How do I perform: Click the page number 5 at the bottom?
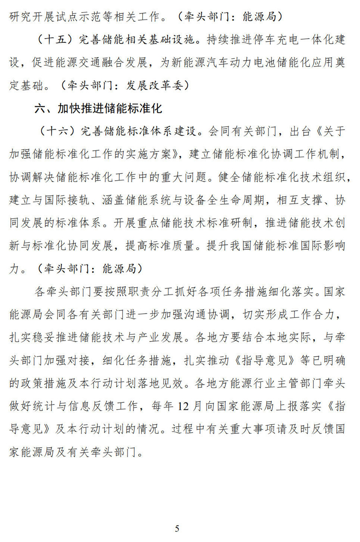[x=177, y=529]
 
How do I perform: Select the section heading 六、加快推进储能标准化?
[x=98, y=108]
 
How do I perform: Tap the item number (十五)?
[x=55, y=40]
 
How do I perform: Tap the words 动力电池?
[x=253, y=62]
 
